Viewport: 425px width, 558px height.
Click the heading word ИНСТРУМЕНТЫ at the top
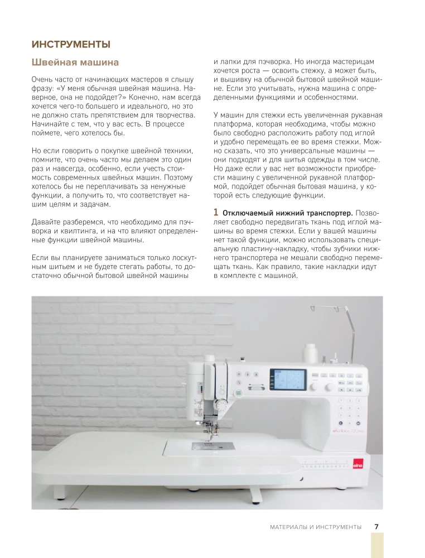[x=71, y=44]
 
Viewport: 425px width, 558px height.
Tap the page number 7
[x=376, y=526]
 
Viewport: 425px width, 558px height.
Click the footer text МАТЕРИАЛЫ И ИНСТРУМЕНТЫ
[x=315, y=527]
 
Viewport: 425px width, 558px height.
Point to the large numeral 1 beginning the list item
[x=216, y=213]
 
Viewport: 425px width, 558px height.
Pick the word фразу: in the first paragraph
[x=44, y=89]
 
